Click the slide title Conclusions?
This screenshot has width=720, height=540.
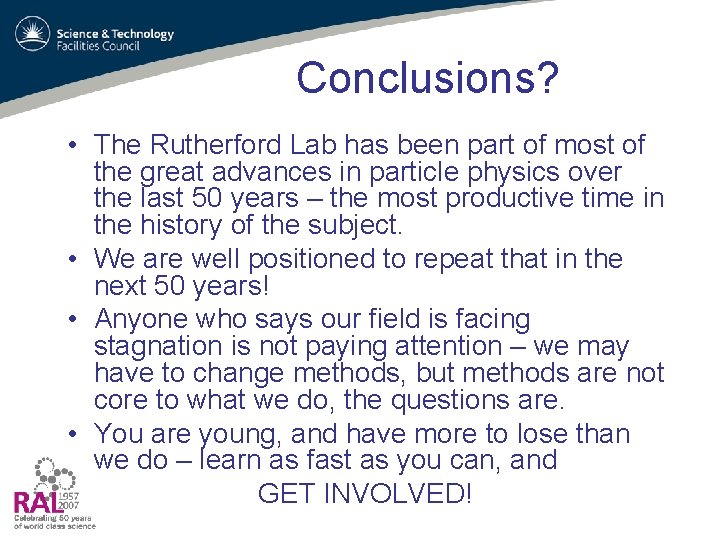point(427,78)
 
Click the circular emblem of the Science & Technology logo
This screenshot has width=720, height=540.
point(32,35)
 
